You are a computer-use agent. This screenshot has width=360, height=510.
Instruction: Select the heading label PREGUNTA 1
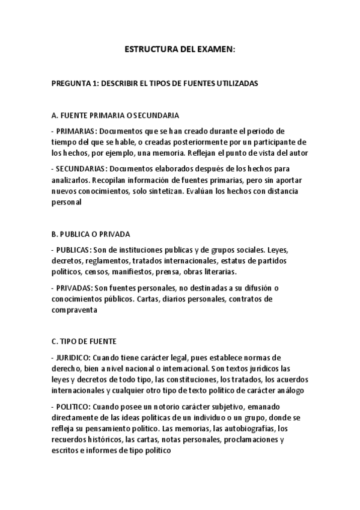[73, 84]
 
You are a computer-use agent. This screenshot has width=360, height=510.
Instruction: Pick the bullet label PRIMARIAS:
[76, 131]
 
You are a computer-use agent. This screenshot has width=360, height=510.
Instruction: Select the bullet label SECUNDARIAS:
[82, 168]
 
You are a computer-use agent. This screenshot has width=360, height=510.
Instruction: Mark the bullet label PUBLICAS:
[73, 249]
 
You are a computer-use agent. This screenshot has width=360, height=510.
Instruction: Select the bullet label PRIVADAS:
[74, 287]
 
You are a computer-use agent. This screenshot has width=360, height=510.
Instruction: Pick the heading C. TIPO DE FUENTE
[84, 341]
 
